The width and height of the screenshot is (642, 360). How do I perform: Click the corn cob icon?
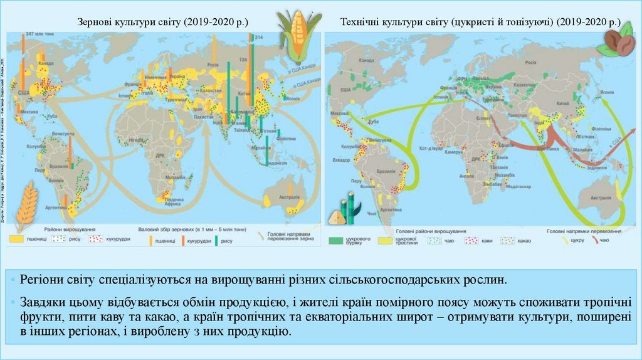[x=292, y=36]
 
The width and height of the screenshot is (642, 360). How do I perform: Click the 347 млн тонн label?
[x=38, y=32]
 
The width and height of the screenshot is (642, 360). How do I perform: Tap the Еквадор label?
[x=343, y=160]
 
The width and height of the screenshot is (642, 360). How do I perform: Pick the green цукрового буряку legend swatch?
[x=339, y=240]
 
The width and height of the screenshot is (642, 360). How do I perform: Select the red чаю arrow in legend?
[x=590, y=240]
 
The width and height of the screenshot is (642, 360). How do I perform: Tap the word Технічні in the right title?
[x=362, y=23]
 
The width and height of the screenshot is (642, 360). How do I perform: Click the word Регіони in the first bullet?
[x=41, y=280]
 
